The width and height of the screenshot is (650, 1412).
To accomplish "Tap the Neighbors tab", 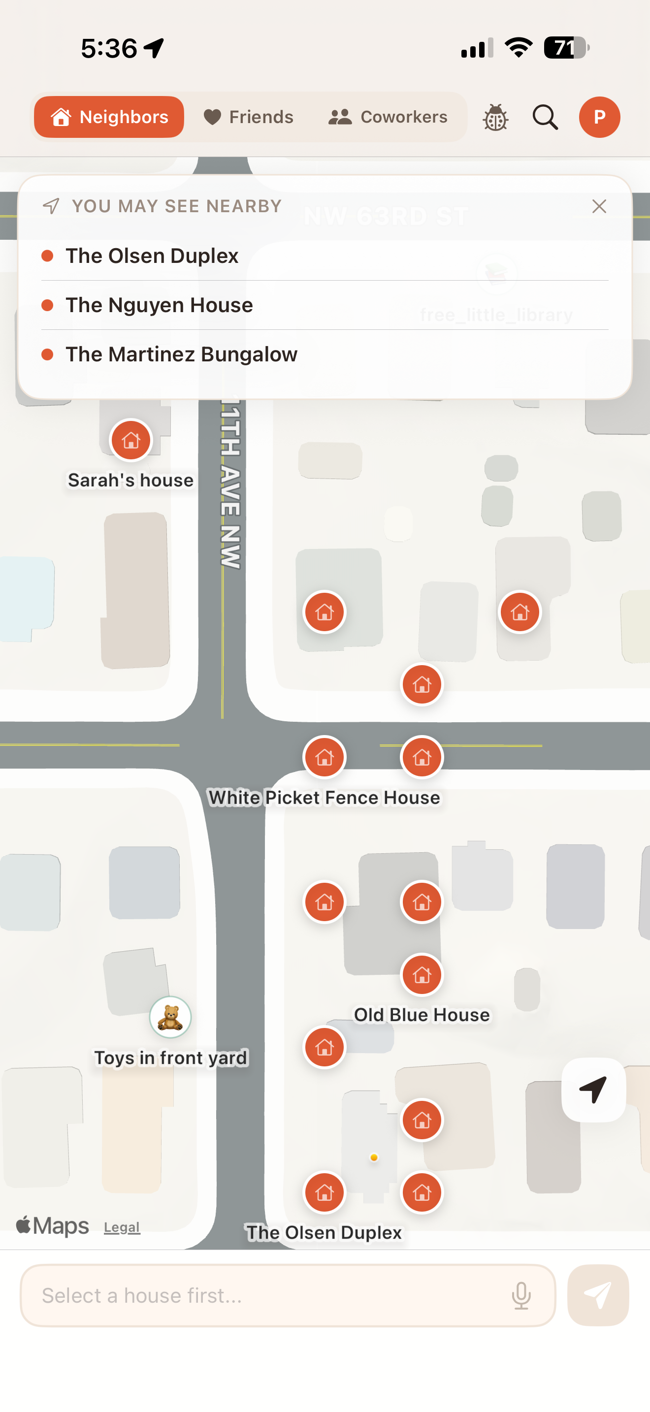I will coord(109,117).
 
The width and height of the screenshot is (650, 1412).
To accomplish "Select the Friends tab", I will coord(248,117).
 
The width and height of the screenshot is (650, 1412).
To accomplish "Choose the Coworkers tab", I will coord(388,117).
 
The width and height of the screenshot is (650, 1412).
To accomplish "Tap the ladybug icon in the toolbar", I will coord(495,117).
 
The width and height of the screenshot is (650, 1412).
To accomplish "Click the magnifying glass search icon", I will coord(545,117).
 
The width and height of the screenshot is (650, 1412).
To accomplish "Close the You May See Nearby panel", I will coord(599,207).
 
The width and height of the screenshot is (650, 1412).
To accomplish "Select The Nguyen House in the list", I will coord(159,305).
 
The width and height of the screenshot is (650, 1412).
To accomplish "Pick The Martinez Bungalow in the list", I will coord(181,354).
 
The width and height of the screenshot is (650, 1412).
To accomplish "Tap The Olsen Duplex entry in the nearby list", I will coord(152,256).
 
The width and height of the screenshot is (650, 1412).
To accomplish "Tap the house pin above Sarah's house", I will coord(130,440).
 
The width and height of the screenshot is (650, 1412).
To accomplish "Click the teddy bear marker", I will coord(170,1017).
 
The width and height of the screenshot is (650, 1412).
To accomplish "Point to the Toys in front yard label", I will coord(170,1058).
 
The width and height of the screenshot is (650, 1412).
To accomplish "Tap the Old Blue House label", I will coord(422,1015).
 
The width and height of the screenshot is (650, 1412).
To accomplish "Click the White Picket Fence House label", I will coord(325,798).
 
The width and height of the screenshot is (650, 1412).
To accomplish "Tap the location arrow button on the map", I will coord(593,1090).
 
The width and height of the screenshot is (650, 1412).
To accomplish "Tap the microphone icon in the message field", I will coord(521,1296).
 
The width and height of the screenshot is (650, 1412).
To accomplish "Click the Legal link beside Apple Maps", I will coord(122,1227).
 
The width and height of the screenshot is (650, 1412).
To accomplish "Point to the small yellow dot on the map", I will coord(374,1157).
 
